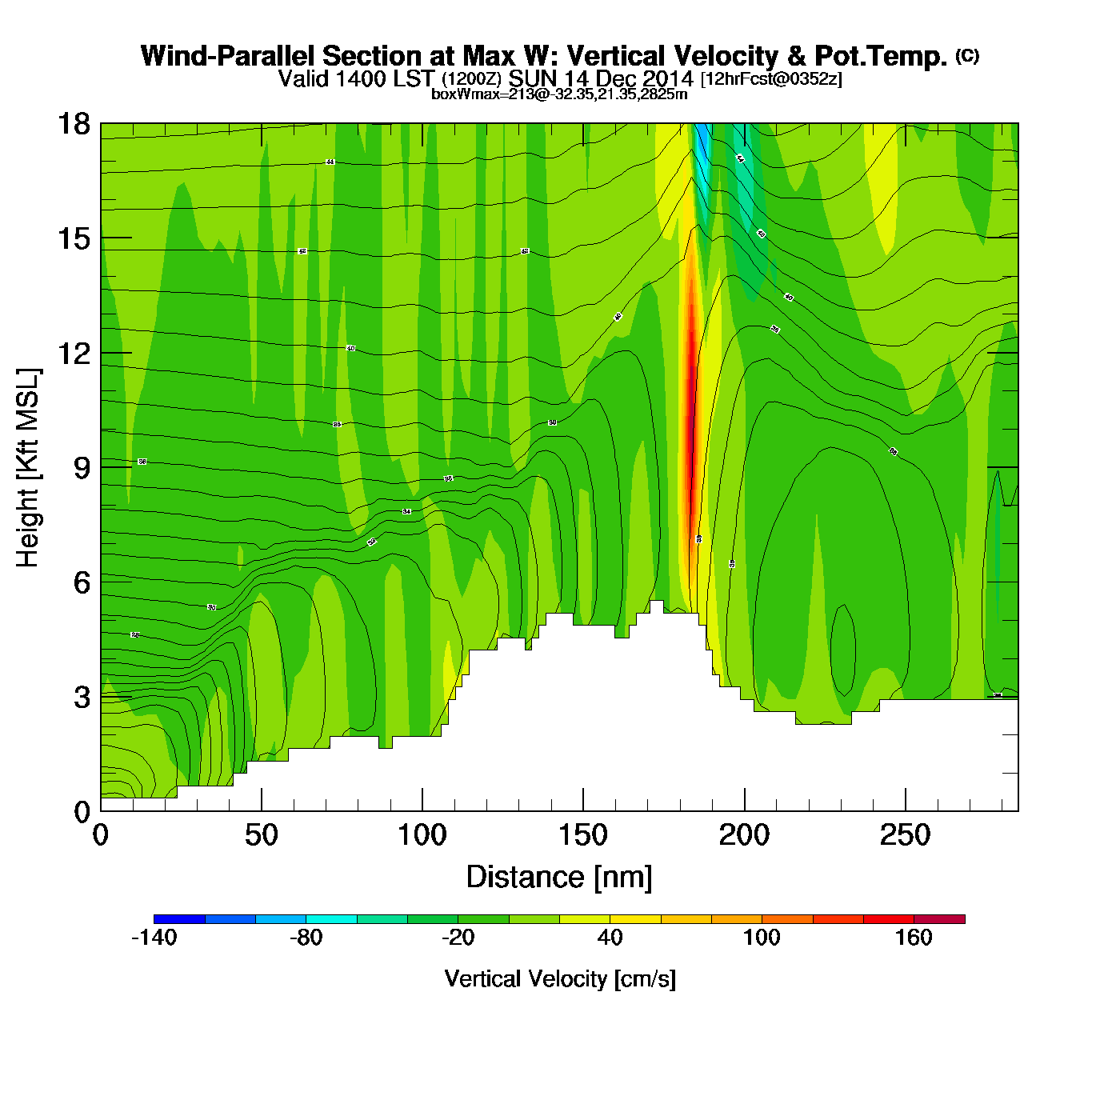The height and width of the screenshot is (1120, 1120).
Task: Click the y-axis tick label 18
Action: point(73,124)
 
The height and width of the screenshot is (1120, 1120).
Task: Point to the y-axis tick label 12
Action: point(73,353)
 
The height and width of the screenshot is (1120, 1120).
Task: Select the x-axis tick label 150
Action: point(583,835)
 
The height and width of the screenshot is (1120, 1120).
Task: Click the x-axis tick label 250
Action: point(905,835)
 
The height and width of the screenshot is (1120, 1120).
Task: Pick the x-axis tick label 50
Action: point(261,835)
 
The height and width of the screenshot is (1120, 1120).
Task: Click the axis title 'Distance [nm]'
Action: point(559,877)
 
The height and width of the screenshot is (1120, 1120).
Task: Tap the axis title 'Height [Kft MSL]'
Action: point(28,468)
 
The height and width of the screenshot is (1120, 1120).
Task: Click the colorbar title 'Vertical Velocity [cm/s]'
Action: point(560,978)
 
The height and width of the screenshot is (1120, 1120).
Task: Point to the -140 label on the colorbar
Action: point(154,938)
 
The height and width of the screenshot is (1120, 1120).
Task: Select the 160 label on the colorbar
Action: point(914,938)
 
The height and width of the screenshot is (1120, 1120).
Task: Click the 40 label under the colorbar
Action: point(610,938)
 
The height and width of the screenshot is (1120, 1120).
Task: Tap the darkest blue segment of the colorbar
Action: point(179,918)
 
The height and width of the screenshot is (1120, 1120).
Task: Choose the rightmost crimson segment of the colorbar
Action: point(939,918)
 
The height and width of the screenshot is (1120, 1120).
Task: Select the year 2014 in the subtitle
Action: point(666,78)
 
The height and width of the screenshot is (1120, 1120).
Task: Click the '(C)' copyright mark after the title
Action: point(966,55)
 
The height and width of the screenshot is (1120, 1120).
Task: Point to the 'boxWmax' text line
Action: point(559,94)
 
